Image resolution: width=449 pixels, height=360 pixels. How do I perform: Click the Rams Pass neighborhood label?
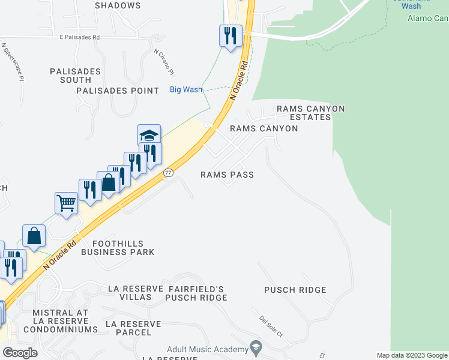pyautogui.click(x=227, y=175)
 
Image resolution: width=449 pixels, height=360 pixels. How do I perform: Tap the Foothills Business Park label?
pyautogui.click(x=123, y=248)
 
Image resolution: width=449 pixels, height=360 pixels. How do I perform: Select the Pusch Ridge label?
pyautogui.click(x=295, y=290)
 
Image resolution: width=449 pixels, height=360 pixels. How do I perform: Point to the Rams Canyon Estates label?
pyautogui.click(x=310, y=113)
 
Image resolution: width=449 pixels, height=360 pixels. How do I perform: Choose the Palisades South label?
pyautogui.click(x=71, y=75)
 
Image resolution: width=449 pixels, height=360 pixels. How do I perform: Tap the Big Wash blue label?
pyautogui.click(x=185, y=89)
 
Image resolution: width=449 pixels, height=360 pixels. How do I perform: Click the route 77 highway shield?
pyautogui.click(x=169, y=173)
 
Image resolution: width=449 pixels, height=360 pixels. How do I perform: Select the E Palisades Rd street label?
pyautogui.click(x=71, y=37)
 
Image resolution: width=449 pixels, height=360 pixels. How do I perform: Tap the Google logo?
pyautogui.click(x=20, y=352)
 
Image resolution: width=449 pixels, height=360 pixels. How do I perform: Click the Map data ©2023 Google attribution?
pyautogui.click(x=412, y=355)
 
